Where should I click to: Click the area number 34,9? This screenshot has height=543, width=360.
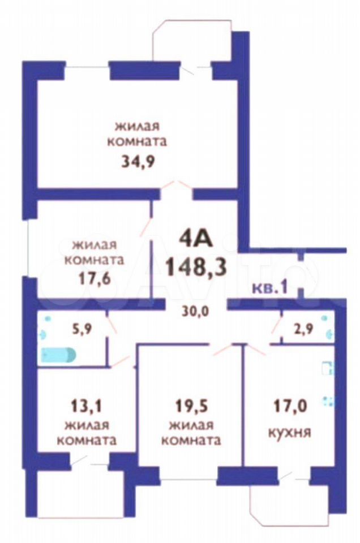[x=137, y=161]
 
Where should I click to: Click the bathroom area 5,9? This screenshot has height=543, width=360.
[x=82, y=329]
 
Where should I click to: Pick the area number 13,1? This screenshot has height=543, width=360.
[x=85, y=406]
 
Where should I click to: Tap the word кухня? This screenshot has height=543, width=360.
[x=290, y=433]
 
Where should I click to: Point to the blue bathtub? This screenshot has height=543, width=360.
[x=58, y=355]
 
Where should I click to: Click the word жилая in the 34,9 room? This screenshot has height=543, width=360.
[x=137, y=126]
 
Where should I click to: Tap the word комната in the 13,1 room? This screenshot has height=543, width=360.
[x=86, y=441]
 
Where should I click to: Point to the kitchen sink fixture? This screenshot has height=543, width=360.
[x=327, y=368]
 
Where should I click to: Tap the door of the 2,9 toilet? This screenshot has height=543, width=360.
[x=277, y=326]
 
